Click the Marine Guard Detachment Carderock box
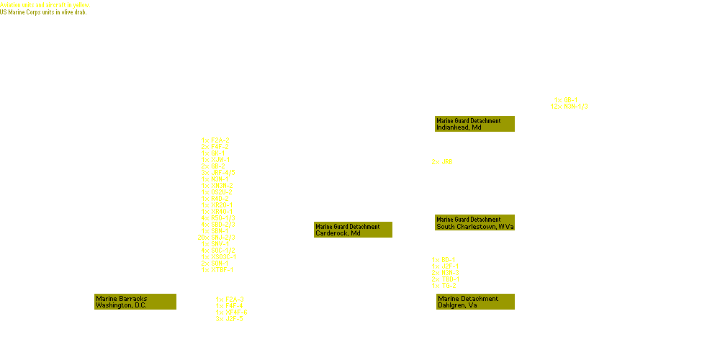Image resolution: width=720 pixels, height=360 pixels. pyautogui.click(x=353, y=230)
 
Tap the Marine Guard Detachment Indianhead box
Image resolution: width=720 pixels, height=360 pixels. pyautogui.click(x=474, y=124)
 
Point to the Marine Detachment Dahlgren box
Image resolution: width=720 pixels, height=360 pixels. pyautogui.click(x=474, y=302)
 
